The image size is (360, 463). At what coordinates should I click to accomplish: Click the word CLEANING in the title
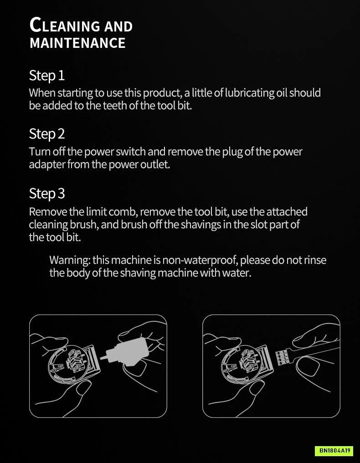coord(65,25)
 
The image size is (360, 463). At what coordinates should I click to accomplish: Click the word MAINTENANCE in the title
coord(77,43)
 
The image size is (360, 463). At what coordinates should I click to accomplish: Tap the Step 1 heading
coord(46,76)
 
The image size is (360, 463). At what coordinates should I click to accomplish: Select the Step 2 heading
coord(46,134)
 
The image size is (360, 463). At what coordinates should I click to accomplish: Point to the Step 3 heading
coord(46,194)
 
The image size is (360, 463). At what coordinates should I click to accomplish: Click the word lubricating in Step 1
coord(250,93)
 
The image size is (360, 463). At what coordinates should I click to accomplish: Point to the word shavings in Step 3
coord(201,225)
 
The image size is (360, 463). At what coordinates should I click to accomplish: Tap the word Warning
coord(70,261)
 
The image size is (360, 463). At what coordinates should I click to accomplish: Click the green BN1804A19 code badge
coord(334,451)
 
